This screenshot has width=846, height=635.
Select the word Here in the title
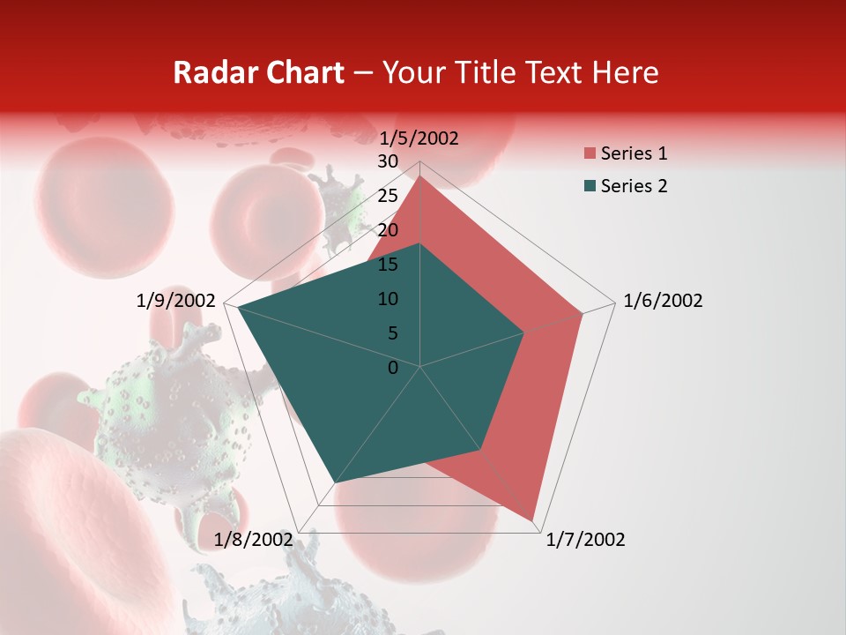tap(625, 72)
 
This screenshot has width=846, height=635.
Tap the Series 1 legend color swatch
tap(590, 154)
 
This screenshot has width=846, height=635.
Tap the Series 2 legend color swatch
tap(590, 186)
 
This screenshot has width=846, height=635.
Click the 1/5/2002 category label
tap(419, 138)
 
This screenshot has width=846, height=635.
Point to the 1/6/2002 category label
tap(663, 301)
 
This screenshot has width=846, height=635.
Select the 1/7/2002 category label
tap(585, 540)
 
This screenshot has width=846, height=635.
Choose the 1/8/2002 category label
tap(253, 540)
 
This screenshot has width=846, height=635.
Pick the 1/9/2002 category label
tap(176, 301)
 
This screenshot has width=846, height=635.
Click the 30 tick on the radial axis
tap(387, 161)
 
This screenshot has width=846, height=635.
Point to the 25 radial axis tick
tap(387, 196)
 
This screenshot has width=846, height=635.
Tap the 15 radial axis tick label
tap(387, 265)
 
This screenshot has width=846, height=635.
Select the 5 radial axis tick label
tap(392, 333)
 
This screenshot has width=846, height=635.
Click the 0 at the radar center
tap(393, 368)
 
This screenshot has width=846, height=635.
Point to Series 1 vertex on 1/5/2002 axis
tap(420, 176)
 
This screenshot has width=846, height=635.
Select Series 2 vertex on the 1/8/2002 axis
tap(335, 483)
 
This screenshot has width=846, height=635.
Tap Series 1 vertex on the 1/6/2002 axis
tap(583, 313)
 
